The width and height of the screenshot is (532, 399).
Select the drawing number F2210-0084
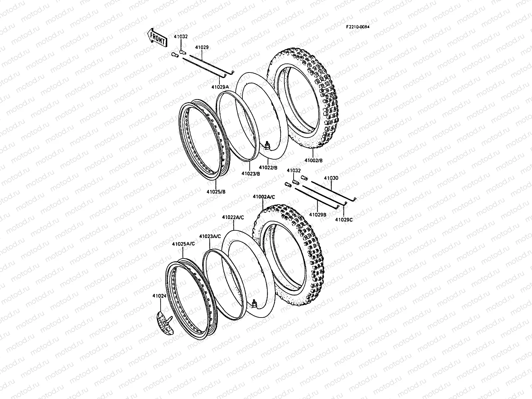click(357, 27)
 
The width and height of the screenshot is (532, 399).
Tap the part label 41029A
click(220, 87)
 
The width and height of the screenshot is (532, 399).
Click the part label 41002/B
click(314, 160)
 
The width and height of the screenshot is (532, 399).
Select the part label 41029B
click(318, 215)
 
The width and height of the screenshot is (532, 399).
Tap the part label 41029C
click(344, 219)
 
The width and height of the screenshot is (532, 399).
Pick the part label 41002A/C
click(264, 197)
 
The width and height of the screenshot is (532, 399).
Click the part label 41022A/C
click(233, 217)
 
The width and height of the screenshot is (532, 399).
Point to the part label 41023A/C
click(210, 236)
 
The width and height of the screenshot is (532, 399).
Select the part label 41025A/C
click(184, 244)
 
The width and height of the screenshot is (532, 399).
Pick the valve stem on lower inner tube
click(254, 303)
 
